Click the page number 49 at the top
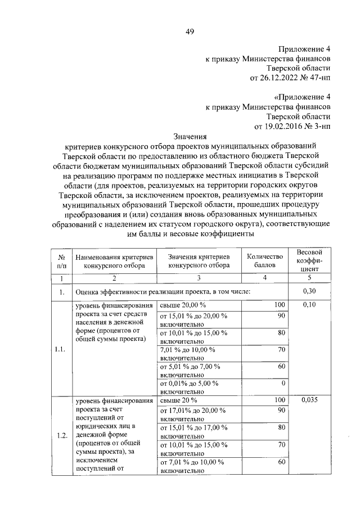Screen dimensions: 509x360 [190, 31]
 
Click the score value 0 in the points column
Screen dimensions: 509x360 [283, 383]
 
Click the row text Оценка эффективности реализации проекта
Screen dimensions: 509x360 [163, 291]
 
